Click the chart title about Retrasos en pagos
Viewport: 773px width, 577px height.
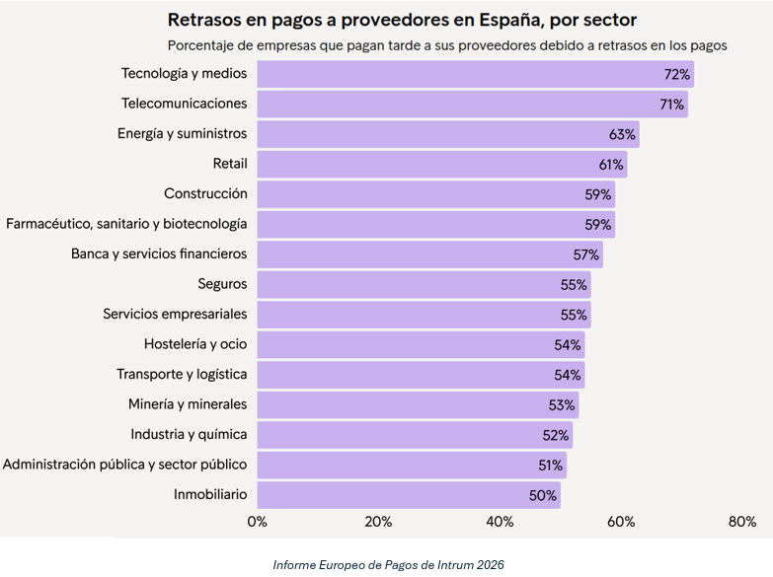pos(402,20)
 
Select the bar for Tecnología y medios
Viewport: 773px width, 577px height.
pos(475,74)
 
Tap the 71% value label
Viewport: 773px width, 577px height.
pos(672,105)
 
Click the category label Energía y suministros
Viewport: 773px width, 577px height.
pos(182,134)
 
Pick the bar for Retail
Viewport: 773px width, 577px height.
pos(441,165)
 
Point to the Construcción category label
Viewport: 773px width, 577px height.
pos(205,194)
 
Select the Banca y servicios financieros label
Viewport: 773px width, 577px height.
pos(159,254)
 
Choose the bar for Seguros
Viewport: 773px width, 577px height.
pos(424,285)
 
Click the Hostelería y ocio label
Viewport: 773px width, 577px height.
pos(195,345)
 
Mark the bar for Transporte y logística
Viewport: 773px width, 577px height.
pos(421,375)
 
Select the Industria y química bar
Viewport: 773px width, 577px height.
pos(415,435)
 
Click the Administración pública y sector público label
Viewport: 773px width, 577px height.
pos(124,465)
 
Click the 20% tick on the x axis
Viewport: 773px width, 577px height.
pos(378,521)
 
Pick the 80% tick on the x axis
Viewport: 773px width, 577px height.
pos(741,521)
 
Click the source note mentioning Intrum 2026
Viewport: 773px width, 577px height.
pos(389,564)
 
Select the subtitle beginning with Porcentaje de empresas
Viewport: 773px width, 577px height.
pos(447,45)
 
